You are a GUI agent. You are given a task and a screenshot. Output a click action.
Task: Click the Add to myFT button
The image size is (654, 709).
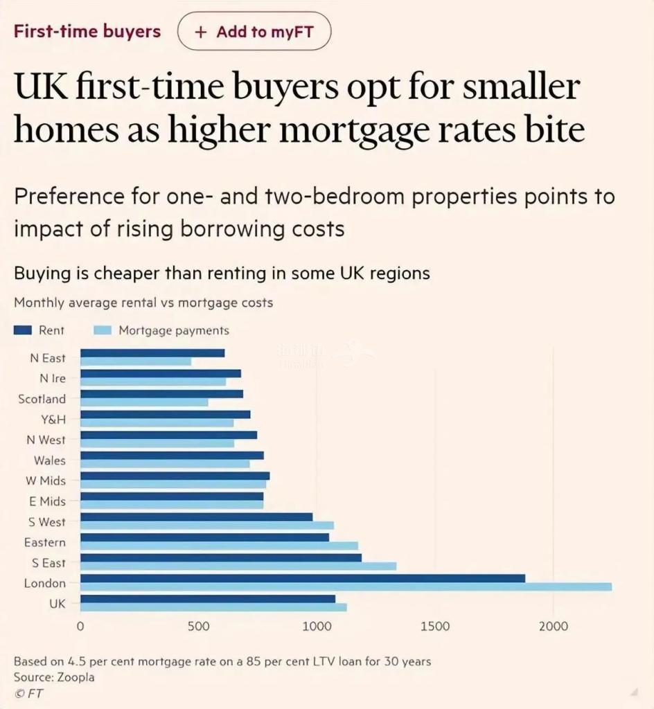[254, 32]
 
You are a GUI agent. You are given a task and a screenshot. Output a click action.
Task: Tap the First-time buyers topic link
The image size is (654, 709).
[87, 31]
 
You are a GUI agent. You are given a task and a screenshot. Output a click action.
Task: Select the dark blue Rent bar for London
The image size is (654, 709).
[303, 578]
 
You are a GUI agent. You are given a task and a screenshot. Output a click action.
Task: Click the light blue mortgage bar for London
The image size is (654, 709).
[346, 587]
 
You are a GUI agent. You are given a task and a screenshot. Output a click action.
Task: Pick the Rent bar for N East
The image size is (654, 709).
[152, 353]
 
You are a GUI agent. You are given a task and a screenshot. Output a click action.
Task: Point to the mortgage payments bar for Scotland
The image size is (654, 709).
[144, 403]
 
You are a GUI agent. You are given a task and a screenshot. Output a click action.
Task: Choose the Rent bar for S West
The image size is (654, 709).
[196, 517]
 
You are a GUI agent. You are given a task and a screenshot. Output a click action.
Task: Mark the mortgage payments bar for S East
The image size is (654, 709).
[238, 566]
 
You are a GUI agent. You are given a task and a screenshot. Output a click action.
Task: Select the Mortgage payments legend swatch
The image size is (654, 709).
[100, 330]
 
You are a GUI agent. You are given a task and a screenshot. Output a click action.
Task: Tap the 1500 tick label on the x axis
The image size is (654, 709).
[435, 627]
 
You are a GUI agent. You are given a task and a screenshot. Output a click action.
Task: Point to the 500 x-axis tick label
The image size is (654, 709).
[199, 627]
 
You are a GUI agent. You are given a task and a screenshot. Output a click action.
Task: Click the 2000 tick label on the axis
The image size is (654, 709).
[553, 627]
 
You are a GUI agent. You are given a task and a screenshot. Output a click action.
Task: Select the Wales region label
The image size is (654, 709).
[50, 460]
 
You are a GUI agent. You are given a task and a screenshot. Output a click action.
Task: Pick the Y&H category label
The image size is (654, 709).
[53, 420]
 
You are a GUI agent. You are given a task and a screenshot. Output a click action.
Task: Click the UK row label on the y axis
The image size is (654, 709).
[58, 604]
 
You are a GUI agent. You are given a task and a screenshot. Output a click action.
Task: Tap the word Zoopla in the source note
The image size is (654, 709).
[75, 677]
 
